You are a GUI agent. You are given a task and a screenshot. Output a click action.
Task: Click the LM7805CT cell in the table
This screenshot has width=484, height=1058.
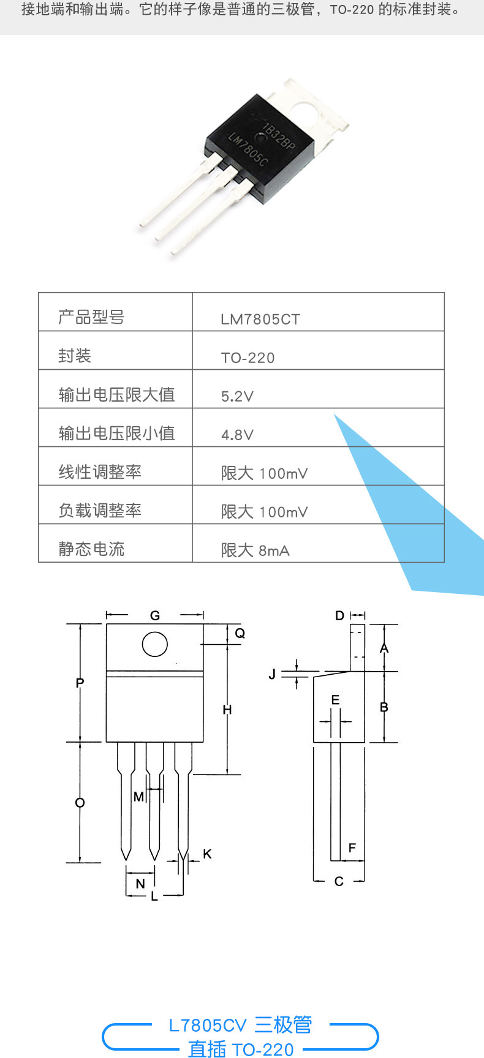pyautogui.click(x=260, y=319)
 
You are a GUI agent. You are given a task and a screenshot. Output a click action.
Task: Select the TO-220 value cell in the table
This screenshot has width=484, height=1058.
pyautogui.click(x=248, y=358)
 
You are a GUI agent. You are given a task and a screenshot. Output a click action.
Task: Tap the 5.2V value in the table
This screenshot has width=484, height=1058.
pyautogui.click(x=237, y=396)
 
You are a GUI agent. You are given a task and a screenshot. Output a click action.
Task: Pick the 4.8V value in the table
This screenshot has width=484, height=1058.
pyautogui.click(x=237, y=435)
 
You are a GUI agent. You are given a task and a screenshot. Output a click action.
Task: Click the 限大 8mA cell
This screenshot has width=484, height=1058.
pyautogui.click(x=255, y=550)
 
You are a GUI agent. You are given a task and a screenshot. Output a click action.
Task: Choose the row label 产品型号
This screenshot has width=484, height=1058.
pyautogui.click(x=91, y=317)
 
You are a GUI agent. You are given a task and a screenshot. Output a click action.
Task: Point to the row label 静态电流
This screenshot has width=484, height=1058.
pyautogui.click(x=91, y=549)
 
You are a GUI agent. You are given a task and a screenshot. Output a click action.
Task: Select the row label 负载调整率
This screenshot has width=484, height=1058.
pyautogui.click(x=100, y=510)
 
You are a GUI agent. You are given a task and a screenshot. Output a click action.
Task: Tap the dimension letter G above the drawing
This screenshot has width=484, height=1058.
pyautogui.click(x=155, y=615)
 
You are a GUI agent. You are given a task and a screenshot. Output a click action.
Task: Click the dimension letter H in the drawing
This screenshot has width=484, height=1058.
pyautogui.click(x=227, y=710)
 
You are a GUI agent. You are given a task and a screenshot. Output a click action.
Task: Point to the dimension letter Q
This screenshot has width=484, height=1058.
pyautogui.click(x=240, y=633)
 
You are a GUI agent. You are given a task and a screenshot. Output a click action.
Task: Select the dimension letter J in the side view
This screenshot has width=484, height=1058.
pyautogui.click(x=272, y=674)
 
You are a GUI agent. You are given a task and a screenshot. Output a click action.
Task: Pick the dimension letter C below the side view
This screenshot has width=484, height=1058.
pyautogui.click(x=339, y=881)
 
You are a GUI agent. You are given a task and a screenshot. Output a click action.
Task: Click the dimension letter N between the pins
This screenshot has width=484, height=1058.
pyautogui.click(x=140, y=884)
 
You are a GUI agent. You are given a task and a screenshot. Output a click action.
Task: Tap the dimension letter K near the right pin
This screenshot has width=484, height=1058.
pyautogui.click(x=207, y=854)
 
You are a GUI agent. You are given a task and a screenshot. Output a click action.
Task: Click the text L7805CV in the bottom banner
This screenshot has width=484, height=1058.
pyautogui.click(x=208, y=1025)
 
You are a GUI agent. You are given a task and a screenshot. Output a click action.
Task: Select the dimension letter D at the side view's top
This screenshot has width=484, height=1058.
pyautogui.click(x=340, y=615)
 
